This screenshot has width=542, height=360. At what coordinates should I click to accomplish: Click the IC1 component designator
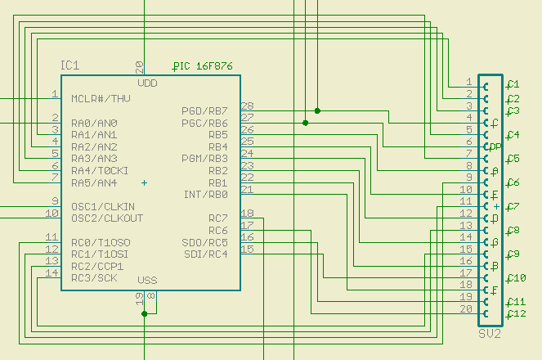click(69, 65)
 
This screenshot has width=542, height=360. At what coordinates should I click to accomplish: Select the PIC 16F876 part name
click(204, 65)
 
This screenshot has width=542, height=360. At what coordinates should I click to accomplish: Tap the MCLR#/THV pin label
click(101, 99)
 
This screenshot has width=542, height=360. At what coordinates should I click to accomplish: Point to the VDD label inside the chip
click(148, 83)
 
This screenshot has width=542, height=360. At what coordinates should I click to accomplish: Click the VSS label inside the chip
click(147, 281)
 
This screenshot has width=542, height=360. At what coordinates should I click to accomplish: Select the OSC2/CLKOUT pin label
click(107, 218)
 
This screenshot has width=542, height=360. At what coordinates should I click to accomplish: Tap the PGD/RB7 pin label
click(204, 110)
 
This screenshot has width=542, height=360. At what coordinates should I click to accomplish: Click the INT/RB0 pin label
click(206, 195)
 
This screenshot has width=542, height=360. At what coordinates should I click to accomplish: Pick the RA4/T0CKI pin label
click(99, 170)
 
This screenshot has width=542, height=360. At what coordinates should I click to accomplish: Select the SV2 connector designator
click(490, 335)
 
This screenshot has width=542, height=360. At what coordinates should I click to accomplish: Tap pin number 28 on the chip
click(247, 106)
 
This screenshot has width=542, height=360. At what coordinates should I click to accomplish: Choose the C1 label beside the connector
click(513, 83)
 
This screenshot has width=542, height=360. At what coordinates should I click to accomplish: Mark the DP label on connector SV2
click(495, 146)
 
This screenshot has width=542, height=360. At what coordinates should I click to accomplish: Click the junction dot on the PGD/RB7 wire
click(317, 110)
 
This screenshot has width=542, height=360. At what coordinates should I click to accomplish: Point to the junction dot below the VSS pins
click(144, 313)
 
